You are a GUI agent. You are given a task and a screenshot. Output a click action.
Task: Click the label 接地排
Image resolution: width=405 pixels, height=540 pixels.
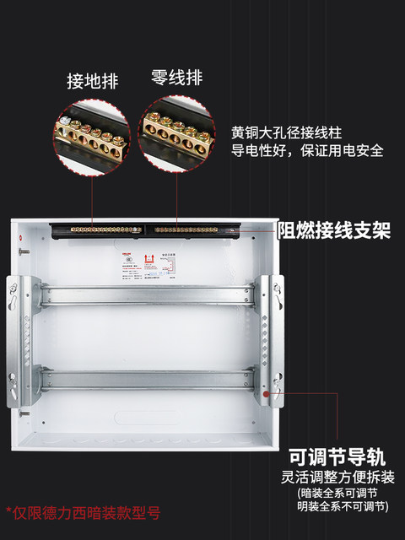tap(93, 82)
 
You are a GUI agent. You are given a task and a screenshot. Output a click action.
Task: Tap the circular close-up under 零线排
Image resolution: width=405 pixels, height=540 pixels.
tap(180, 136)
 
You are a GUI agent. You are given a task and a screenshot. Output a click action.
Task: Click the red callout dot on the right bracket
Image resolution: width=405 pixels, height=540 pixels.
tap(267, 391)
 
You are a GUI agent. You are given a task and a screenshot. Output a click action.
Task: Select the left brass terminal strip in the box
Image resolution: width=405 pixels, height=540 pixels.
tap(100, 229)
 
